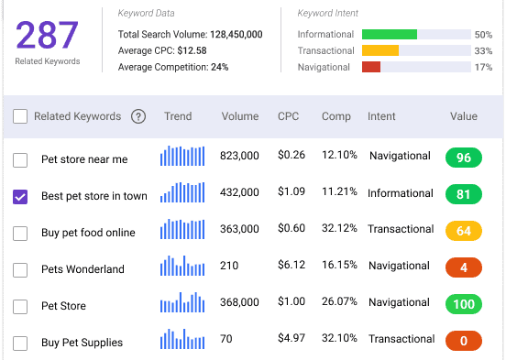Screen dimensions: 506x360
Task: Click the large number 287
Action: click(x=47, y=35)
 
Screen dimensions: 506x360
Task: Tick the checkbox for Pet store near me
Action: click(x=20, y=160)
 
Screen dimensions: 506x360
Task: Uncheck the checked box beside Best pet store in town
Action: click(x=20, y=196)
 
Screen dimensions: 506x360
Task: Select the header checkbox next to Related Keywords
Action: click(x=20, y=116)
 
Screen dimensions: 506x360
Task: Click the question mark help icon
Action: click(x=138, y=116)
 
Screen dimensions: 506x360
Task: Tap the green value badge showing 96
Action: click(x=464, y=158)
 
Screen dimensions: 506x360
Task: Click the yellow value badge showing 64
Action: click(x=464, y=231)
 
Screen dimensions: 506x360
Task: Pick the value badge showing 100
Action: click(x=464, y=304)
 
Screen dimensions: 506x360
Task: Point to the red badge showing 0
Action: click(x=464, y=341)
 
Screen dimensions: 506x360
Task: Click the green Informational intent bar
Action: click(x=390, y=34)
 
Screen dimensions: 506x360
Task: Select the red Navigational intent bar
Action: click(x=371, y=67)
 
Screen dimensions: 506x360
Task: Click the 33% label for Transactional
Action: click(x=483, y=50)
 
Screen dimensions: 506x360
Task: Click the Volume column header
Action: click(x=240, y=116)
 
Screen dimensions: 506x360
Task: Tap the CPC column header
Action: click(x=288, y=116)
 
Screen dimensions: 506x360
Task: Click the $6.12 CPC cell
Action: click(x=291, y=265)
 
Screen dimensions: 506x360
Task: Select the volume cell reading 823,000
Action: click(x=239, y=156)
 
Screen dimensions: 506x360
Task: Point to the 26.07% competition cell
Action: click(x=339, y=301)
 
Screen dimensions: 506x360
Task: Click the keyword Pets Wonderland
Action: click(x=82, y=269)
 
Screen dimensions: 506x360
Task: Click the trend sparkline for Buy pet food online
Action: click(x=182, y=229)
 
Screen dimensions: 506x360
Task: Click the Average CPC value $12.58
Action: click(x=192, y=50)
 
